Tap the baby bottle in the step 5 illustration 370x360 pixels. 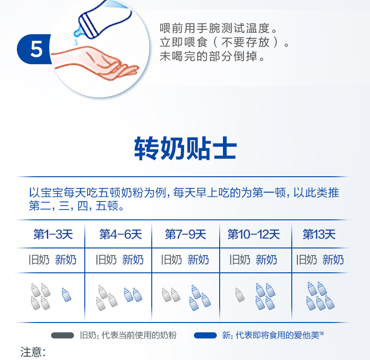coord(104,20)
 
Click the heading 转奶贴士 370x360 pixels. coord(185,148)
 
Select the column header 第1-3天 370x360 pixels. coord(53,234)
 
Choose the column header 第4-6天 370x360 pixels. coord(120,234)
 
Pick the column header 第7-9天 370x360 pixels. coord(185,234)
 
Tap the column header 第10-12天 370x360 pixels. coord(254,234)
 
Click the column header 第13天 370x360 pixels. coord(319,234)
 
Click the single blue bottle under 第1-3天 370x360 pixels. coord(67,294)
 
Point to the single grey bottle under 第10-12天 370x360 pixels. coord(240,294)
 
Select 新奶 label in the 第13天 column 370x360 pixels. coord(333,260)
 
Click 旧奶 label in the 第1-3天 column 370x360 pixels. coord(39,260)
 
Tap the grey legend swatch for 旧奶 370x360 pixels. coord(63,336)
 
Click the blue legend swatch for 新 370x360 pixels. coord(205,336)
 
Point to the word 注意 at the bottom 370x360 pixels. coord(30,352)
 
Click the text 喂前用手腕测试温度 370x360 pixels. coord(215,28)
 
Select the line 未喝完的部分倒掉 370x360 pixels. coord(209,56)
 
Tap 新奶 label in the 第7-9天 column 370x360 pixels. coord(198,260)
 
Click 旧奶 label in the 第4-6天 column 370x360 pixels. coord(106,260)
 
